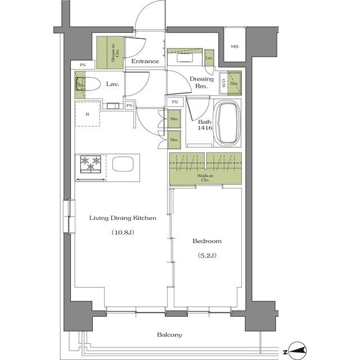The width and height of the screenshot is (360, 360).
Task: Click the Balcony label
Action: coord(169,335)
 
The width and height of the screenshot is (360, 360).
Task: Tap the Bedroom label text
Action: coord(207,241)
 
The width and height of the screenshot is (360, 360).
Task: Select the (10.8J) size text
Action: coord(123,232)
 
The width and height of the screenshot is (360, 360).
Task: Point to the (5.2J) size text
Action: coord(207,255)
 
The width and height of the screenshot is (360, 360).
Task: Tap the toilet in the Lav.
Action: coord(88,84)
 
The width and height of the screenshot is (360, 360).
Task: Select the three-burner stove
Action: coord(91,164)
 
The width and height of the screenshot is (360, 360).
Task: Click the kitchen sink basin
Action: coord(123,164)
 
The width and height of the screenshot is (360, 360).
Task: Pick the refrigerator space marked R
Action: coord(88,114)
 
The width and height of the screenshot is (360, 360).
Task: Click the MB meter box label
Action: coord(235,47)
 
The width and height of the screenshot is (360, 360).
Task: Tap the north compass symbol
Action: coord(298,351)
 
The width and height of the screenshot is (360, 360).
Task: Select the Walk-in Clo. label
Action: coord(205,178)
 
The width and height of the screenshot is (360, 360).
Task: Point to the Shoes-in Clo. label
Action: coord(115,53)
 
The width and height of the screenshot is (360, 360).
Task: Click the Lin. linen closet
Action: coord(209,58)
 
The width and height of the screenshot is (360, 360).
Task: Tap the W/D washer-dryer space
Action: coord(223,83)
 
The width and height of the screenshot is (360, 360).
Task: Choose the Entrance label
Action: coord(145,61)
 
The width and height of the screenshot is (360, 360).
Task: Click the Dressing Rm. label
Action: coord(201,83)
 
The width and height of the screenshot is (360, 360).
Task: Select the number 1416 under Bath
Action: coord(205,128)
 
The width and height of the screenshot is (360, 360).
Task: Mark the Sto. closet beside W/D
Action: coord(235,83)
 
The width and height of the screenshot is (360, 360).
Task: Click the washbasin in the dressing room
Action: coord(184,57)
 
